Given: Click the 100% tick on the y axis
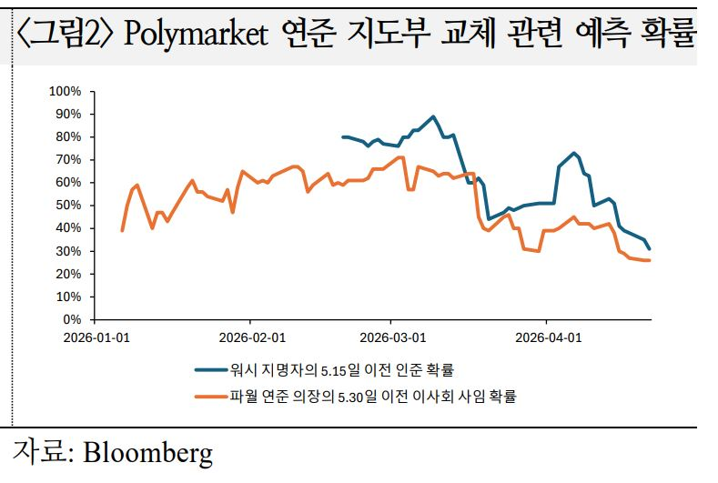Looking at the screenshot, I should click(x=66, y=91).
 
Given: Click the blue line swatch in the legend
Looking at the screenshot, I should click(x=212, y=370).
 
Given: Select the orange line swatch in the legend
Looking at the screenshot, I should click(x=212, y=396).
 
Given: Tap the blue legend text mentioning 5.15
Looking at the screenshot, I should click(x=342, y=370).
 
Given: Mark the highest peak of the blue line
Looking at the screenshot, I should click(x=433, y=116).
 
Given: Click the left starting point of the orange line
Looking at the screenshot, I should click(x=122, y=230).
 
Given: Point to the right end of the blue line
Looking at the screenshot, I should click(x=650, y=248).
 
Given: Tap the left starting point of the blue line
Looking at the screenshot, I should click(x=342, y=136).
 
